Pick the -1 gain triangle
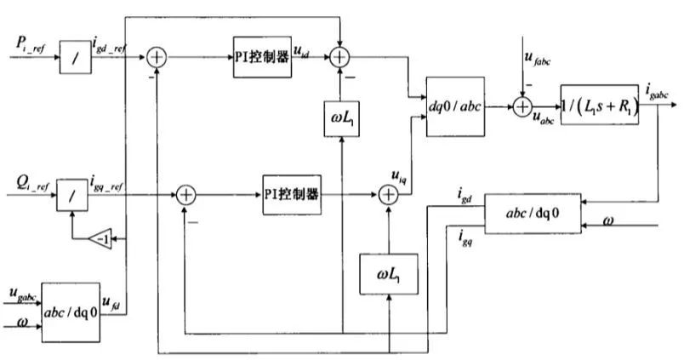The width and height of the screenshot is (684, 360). (102, 240)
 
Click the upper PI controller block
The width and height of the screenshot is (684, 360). (263, 57)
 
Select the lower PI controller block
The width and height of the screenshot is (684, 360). (291, 195)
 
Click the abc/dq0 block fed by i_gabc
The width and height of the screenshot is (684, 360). (533, 213)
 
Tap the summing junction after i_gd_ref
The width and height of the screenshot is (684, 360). (158, 58)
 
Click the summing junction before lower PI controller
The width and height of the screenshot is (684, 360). (186, 195)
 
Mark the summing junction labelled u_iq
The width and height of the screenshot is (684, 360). (388, 195)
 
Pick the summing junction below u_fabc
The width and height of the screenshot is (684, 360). (522, 106)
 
